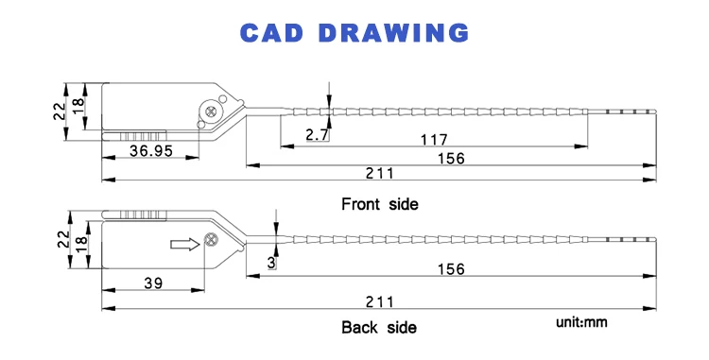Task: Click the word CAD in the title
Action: coord(271,33)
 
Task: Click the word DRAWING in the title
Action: coord(394,33)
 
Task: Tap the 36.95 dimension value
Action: coord(151,150)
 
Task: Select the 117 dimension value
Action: coord(434,140)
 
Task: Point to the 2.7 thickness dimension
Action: coord(317,134)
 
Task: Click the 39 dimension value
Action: coord(153,283)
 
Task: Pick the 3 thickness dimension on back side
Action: coord(271,263)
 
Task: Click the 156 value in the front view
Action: coord(451,159)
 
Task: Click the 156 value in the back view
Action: coord(451,269)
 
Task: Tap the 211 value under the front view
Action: coord(380,173)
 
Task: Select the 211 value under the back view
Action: coord(380,301)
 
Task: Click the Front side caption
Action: coord(380,204)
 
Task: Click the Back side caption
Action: coord(379,327)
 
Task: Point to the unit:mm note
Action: coord(581,322)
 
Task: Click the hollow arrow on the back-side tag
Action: coord(185,245)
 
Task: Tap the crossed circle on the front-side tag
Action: coord(210,111)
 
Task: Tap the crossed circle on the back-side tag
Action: coord(210,240)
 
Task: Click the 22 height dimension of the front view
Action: coord(60,111)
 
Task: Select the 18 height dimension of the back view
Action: coord(80,245)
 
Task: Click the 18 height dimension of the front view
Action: coord(78,106)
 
